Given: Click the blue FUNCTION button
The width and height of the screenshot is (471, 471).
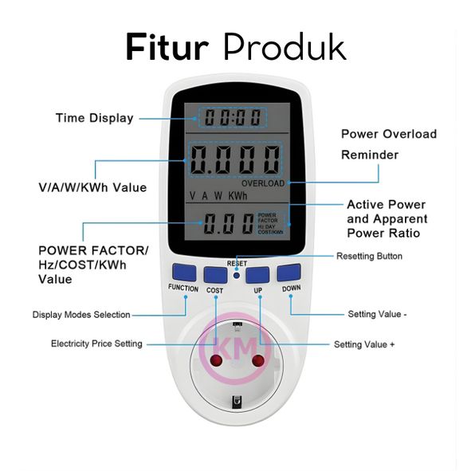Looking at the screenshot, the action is (184, 273).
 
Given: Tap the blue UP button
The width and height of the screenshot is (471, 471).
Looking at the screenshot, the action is (257, 275).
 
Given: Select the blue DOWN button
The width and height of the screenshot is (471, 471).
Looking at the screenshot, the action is (288, 273).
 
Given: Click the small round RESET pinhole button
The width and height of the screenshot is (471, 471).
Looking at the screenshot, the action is (237, 275).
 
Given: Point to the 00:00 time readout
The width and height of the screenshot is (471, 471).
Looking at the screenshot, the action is (233, 117).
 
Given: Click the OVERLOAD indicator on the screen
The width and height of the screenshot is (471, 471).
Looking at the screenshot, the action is (263, 183).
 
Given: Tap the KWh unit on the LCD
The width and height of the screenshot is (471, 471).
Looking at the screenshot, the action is (237, 196).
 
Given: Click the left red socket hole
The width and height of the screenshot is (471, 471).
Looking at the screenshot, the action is (216, 360).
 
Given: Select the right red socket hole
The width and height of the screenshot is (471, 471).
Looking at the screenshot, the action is (258, 361).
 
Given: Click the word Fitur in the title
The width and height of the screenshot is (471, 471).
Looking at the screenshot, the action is (167, 48).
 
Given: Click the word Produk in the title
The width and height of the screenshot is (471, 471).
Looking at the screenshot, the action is (285, 47).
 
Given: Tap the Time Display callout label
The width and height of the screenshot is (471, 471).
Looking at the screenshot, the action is (95, 118).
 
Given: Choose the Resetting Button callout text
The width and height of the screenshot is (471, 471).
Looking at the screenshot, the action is (369, 257).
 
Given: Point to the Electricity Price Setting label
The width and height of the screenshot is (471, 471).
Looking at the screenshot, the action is (96, 343).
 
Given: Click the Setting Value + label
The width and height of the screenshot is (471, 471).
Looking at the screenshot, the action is (364, 344).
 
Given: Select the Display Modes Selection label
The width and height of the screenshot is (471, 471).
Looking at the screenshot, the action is (81, 315).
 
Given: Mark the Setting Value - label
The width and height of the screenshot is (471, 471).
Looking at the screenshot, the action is (377, 314).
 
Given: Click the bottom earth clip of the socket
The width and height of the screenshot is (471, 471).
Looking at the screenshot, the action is (237, 402).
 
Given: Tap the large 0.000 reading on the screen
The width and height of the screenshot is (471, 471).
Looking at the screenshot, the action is (235, 160).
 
